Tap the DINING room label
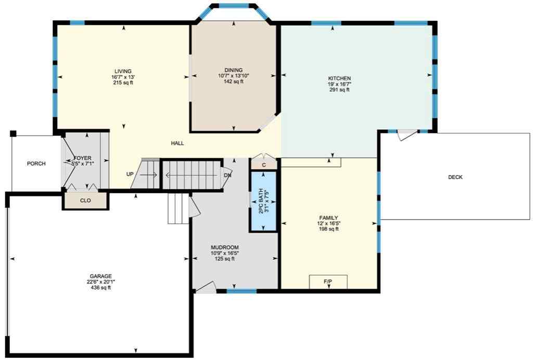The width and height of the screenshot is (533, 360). coord(234,70)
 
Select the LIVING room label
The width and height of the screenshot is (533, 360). coord(123,71)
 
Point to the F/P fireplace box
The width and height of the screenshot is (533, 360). coord(328,282)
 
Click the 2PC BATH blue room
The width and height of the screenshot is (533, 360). coord(264,201)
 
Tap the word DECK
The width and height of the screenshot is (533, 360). coord(455,177)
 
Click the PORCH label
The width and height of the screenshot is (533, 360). coord(36,164)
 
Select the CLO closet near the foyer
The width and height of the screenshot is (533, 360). coord(86,200)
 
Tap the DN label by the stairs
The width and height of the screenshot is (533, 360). coord(227,176)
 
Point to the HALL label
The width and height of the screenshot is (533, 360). coord(177,143)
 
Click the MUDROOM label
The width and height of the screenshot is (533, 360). coord(224,247)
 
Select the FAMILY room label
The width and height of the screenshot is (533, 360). coord(329,218)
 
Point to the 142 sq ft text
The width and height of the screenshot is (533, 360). coord(234,81)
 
